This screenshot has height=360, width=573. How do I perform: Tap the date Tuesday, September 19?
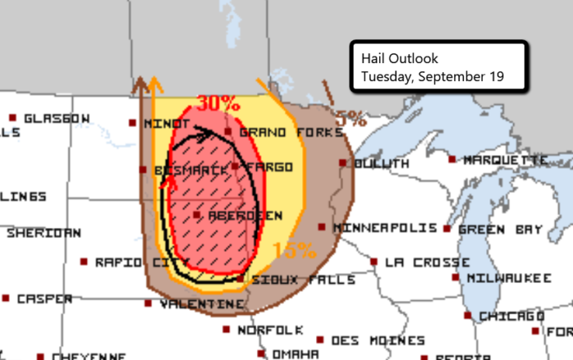pos(431,76)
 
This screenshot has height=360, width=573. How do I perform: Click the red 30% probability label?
pos(218,104)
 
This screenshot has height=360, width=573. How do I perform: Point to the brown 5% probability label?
pos(350,119)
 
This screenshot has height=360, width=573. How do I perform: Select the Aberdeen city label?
pos(246,216)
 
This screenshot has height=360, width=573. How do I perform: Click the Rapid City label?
pos(131,263)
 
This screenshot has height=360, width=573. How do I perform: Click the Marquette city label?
pos(505,160)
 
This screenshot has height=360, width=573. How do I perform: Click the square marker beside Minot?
pos(133,124)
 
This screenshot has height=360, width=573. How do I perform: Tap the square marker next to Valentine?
pos(148,304)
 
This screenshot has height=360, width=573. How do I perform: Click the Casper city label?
pos(43,299)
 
